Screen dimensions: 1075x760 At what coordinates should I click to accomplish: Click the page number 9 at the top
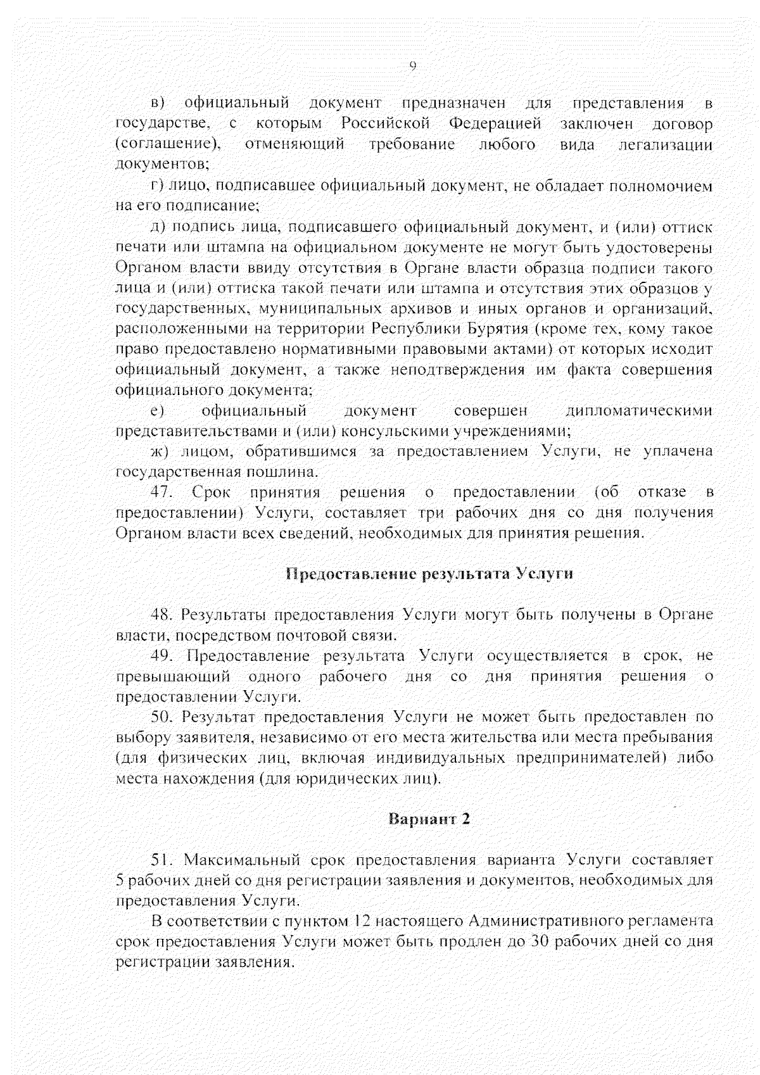tap(413, 65)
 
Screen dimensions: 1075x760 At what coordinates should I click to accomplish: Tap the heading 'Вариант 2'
tap(429, 818)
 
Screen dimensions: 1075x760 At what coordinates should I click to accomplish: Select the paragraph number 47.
tap(161, 492)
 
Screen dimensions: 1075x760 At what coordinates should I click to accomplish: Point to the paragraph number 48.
tap(161, 614)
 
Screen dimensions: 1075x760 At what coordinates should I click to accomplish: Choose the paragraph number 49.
tap(161, 655)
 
